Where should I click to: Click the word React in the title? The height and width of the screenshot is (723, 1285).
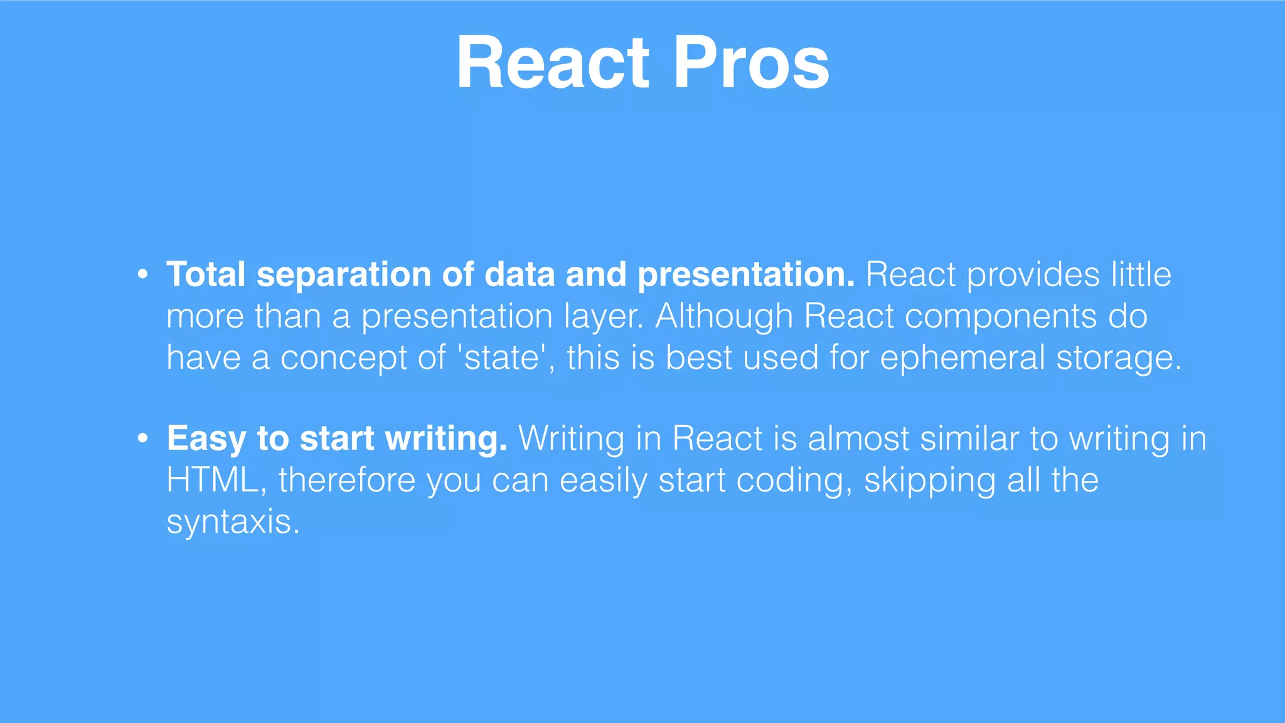pyautogui.click(x=552, y=63)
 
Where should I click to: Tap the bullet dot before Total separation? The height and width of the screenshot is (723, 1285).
pyautogui.click(x=143, y=275)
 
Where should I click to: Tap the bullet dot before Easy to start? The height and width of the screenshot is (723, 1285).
pyautogui.click(x=143, y=438)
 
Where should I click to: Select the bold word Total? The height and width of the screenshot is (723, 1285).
pyautogui.click(x=206, y=275)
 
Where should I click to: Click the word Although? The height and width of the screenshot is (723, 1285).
pyautogui.click(x=724, y=316)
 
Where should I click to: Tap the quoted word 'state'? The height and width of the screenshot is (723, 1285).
pyautogui.click(x=501, y=358)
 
